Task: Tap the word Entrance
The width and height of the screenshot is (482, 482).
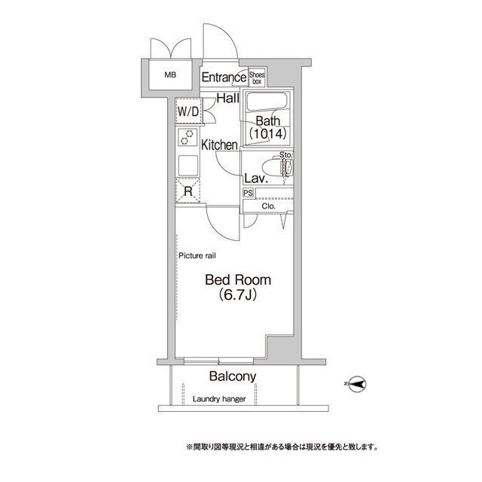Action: (224, 77)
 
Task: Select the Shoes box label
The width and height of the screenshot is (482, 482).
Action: (257, 76)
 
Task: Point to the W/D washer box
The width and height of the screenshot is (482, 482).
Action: (188, 111)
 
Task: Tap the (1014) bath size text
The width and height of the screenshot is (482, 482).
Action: (268, 134)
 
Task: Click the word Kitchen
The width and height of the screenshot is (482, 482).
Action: (219, 145)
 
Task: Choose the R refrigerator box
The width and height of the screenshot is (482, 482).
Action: (188, 191)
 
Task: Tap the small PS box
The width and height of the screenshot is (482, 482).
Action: (248, 193)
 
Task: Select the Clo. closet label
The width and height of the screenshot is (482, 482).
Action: (269, 206)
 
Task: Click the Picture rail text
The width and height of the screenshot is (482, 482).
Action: (198, 256)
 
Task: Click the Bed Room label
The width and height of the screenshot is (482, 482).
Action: (238, 279)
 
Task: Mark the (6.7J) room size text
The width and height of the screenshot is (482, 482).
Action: (239, 296)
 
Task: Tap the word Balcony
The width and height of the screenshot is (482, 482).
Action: (233, 377)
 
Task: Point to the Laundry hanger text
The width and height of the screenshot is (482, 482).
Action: (219, 399)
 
